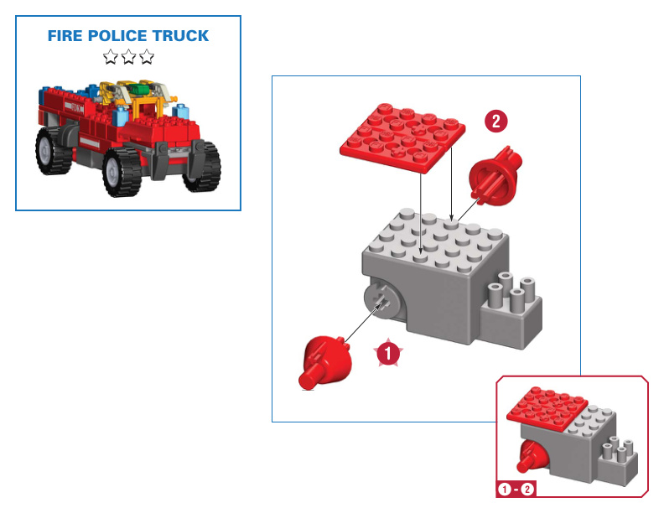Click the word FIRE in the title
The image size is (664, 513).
coord(65,37)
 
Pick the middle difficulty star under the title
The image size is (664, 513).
coord(128,57)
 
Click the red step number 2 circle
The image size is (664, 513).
coord(495,121)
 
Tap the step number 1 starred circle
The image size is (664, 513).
coord(387,354)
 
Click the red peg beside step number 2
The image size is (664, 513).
coord(491,176)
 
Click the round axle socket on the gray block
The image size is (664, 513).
coord(378,300)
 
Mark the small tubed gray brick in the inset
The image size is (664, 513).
coord(618,456)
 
